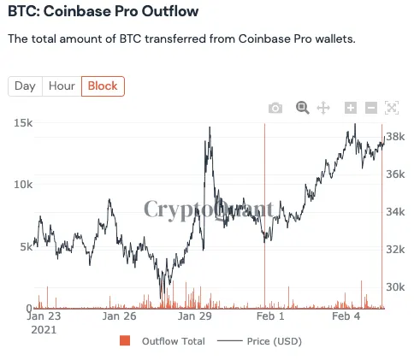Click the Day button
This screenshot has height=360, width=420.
pos(25,86)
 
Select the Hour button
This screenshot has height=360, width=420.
pos(62,86)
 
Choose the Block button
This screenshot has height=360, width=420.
pos(103,86)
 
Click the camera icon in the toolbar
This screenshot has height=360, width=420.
pos(275,108)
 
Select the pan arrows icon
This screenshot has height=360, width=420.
pos(323,108)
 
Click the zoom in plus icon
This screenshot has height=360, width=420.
pos(350,108)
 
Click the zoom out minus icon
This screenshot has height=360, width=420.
pos(371,108)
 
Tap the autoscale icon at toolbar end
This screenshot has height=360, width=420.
pos(393,108)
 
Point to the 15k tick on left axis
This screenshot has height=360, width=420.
pos(23,123)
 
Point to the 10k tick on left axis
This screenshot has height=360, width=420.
pos(23,185)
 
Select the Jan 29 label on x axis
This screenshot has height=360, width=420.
pos(195,316)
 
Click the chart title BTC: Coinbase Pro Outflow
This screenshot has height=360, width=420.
pos(103,12)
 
